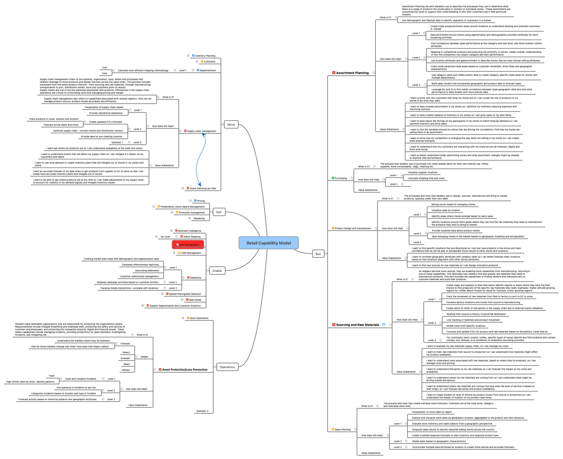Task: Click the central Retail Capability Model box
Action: tap(268, 243)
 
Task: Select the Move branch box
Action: tap(231, 125)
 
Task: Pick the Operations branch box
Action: tap(227, 367)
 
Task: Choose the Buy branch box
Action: tap(318, 254)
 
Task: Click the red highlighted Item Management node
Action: tap(188, 244)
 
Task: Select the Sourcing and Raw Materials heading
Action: tap(357, 325)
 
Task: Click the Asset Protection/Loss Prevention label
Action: tap(184, 369)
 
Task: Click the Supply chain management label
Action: tap(201, 131)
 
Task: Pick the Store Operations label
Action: tap(199, 318)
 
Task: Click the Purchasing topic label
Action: tap(340, 178)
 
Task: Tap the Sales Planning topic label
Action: tap(342, 429)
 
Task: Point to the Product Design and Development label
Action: tap(353, 228)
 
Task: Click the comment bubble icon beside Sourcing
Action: tap(383, 324)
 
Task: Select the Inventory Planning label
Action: tap(205, 56)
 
